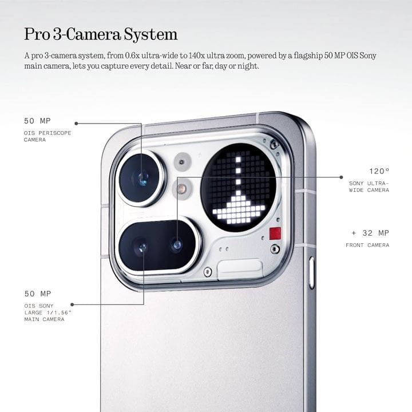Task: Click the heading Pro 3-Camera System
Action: pyautogui.click(x=101, y=34)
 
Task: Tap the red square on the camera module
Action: pyautogui.click(x=275, y=233)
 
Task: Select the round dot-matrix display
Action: pyautogui.click(x=239, y=187)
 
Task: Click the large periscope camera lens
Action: pyautogui.click(x=141, y=179)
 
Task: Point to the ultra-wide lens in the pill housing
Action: pyautogui.click(x=177, y=245)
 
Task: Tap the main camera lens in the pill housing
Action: pyautogui.click(x=142, y=247)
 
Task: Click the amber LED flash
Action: pyautogui.click(x=181, y=188)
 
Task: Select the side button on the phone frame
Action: pyautogui.click(x=312, y=273)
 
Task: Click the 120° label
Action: pyautogui.click(x=379, y=171)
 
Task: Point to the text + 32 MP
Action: pyautogui.click(x=370, y=233)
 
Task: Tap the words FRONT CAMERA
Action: pyautogui.click(x=367, y=245)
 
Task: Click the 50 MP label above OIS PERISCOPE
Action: pyautogui.click(x=37, y=121)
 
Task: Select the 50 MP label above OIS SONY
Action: pyautogui.click(x=38, y=294)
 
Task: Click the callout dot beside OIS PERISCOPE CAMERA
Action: pyautogui.click(x=76, y=124)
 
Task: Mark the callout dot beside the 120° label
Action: pyautogui.click(x=341, y=177)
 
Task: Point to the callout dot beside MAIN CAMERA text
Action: pyautogui.click(x=72, y=304)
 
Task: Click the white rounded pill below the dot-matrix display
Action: pyautogui.click(x=240, y=267)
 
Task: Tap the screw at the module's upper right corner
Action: pyautogui.click(x=274, y=144)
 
